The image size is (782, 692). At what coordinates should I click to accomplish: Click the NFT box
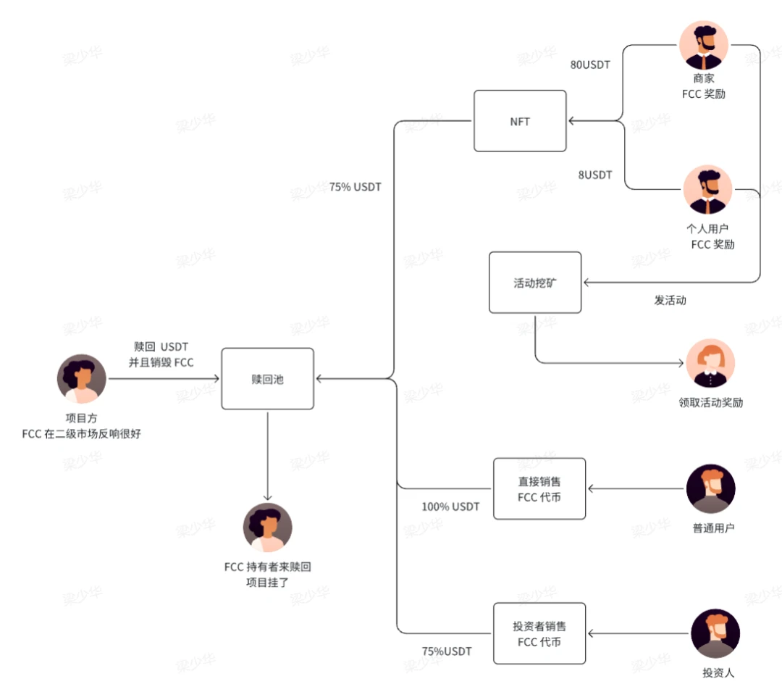click(520, 121)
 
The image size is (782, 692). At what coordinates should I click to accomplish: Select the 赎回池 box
click(267, 378)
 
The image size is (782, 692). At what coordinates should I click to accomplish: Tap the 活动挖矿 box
click(534, 283)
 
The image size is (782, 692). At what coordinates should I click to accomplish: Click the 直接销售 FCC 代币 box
click(539, 488)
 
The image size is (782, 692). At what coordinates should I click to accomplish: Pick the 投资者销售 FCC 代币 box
click(539, 633)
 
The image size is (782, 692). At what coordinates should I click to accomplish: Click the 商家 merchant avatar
click(703, 45)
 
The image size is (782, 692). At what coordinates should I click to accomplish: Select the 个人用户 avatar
click(707, 190)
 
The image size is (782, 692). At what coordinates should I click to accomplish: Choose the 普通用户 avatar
click(710, 489)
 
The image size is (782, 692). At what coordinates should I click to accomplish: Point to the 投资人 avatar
click(715, 633)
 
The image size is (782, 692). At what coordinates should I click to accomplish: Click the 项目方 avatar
click(82, 379)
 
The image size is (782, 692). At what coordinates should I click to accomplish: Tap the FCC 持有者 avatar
click(268, 528)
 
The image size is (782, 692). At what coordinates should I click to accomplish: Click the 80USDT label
click(590, 64)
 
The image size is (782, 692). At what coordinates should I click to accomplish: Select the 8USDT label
click(594, 175)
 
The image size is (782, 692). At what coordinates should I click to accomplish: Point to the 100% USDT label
click(450, 507)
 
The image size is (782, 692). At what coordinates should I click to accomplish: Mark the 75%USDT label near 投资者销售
click(447, 651)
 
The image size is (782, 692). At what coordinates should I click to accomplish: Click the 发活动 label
click(670, 300)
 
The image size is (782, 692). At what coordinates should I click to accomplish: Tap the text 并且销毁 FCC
click(161, 362)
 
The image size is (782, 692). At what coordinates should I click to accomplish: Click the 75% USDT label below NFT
click(356, 187)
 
